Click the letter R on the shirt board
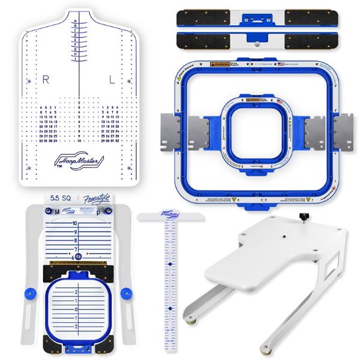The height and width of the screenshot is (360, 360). (x=46, y=79)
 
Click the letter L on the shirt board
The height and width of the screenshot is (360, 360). (x=112, y=79)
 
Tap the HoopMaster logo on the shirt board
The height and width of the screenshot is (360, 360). (x=79, y=161)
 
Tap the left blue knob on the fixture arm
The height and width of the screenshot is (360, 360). (x=29, y=292)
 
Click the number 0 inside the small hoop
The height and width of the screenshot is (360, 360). (x=76, y=310)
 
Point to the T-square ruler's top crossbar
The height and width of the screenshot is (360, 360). (x=170, y=217)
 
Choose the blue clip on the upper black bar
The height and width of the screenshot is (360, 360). (x=258, y=20)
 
